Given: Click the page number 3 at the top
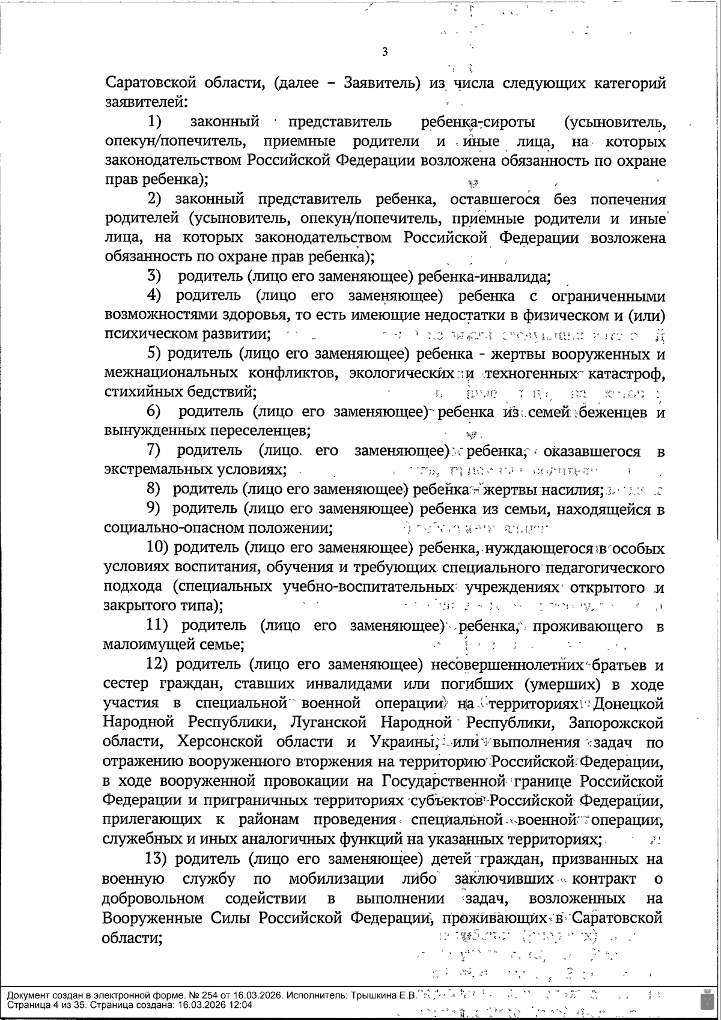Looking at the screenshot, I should pyautogui.click(x=385, y=52).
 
